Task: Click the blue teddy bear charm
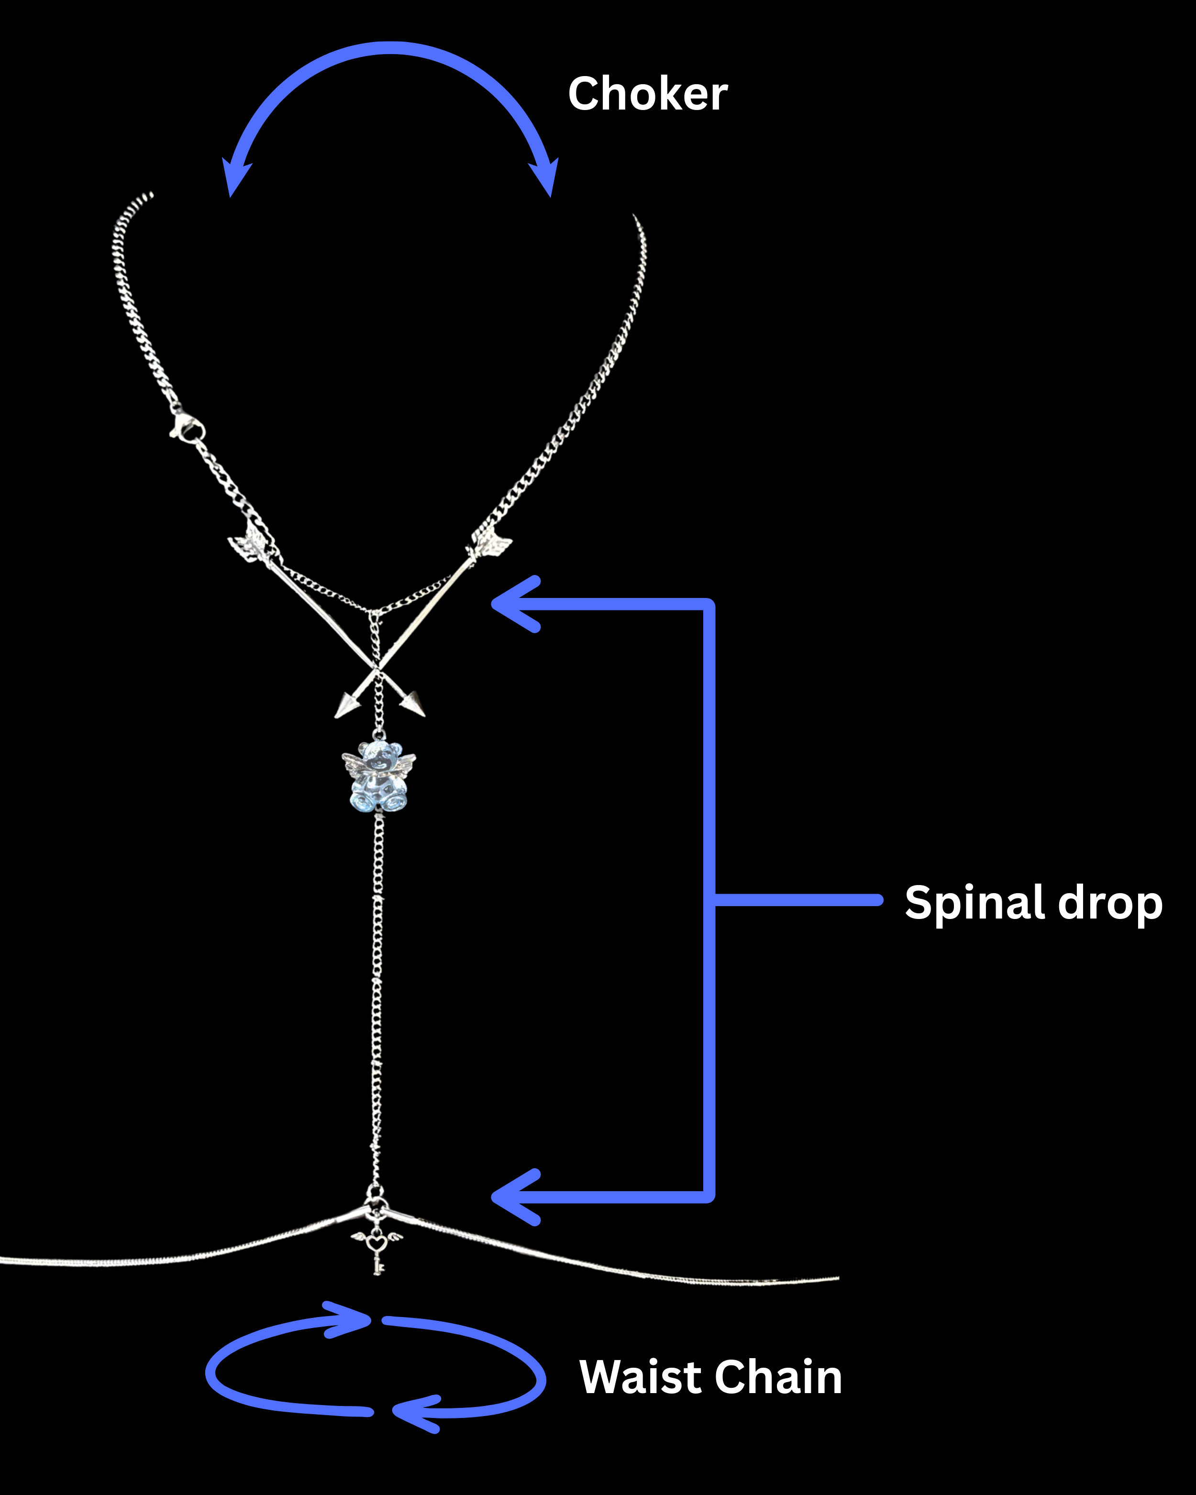[378, 776]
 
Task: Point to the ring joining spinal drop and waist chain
[375, 1193]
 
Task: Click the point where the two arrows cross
[377, 670]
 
